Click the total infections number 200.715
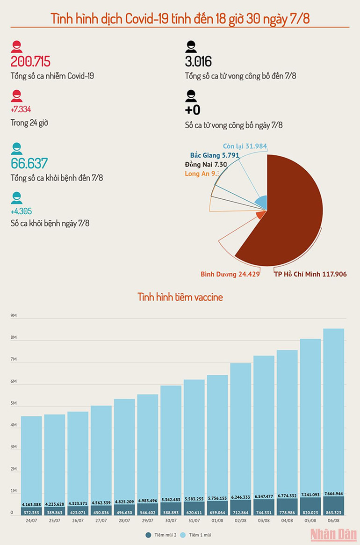click(x=30, y=61)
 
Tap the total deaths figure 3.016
click(x=198, y=61)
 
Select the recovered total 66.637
click(x=29, y=163)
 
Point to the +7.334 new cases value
click(x=21, y=109)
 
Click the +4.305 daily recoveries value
click(x=21, y=211)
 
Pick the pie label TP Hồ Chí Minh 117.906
click(x=310, y=274)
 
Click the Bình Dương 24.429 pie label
click(x=230, y=274)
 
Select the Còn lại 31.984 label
click(x=245, y=146)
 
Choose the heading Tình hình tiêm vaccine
click(x=180, y=297)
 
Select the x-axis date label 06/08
click(x=333, y=520)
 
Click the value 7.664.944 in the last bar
click(x=333, y=493)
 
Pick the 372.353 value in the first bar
click(x=31, y=512)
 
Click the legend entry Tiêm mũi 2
click(x=162, y=534)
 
